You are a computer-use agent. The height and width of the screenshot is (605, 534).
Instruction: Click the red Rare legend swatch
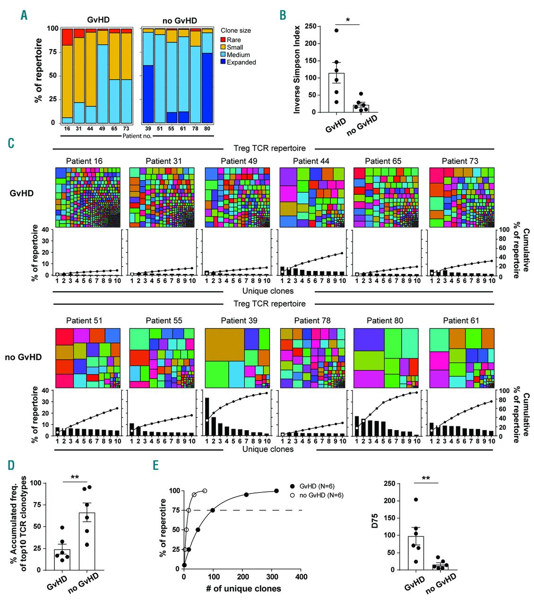[x=224, y=40]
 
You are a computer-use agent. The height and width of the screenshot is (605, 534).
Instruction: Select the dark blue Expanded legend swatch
[x=224, y=62]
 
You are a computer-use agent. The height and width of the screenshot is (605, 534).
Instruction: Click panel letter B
[x=283, y=15]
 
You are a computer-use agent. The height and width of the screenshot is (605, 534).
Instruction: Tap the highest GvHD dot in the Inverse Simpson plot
[x=336, y=30]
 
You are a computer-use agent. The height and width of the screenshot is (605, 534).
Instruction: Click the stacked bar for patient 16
[x=68, y=76]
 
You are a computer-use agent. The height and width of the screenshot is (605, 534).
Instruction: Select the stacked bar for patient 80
[x=207, y=76]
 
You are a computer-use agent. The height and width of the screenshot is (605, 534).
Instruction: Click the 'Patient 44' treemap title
[x=311, y=161]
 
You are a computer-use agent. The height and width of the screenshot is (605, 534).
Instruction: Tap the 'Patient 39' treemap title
[x=239, y=320]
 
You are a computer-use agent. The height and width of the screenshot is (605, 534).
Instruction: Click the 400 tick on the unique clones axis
[x=301, y=577]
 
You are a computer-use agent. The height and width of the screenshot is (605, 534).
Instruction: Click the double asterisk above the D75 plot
[x=426, y=478]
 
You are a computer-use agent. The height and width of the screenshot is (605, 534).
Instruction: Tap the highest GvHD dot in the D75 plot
[x=415, y=500]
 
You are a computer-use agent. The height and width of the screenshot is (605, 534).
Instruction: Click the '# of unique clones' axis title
[x=243, y=588]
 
